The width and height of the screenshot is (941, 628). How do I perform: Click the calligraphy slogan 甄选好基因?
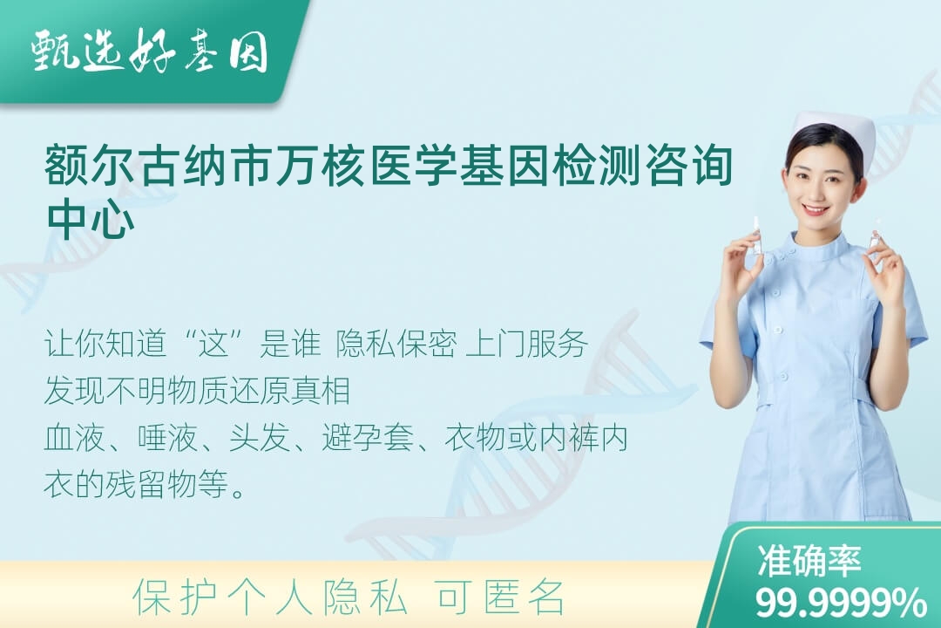150,52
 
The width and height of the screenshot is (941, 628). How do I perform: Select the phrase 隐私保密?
396,344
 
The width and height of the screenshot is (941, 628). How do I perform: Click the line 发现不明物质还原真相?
198,390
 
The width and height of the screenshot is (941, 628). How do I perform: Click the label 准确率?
809,560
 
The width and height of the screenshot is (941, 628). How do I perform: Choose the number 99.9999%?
840,602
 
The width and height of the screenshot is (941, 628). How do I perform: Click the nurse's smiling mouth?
816,209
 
